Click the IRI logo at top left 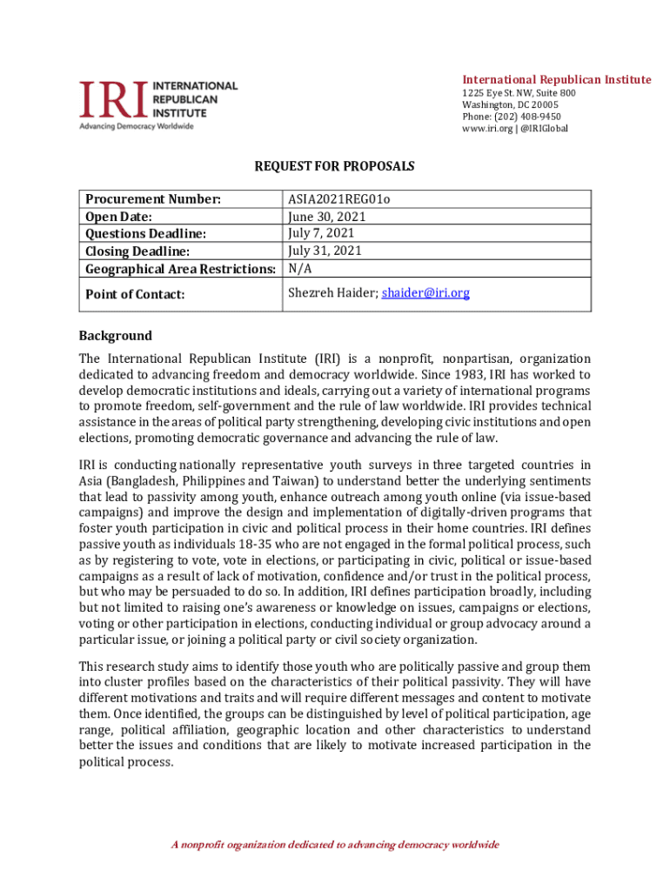coord(157,100)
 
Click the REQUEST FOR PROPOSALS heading coord(334,165)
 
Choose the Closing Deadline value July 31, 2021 coord(325,251)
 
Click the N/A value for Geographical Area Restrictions coord(299,269)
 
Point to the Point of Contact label coord(135,295)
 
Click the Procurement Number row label coord(153,199)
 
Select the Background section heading coord(115,336)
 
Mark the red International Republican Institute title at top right coord(556,80)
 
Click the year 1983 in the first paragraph coord(469,375)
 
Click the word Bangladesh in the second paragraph coord(144,481)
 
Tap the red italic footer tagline coord(334,845)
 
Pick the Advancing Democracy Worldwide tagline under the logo coord(137,126)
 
